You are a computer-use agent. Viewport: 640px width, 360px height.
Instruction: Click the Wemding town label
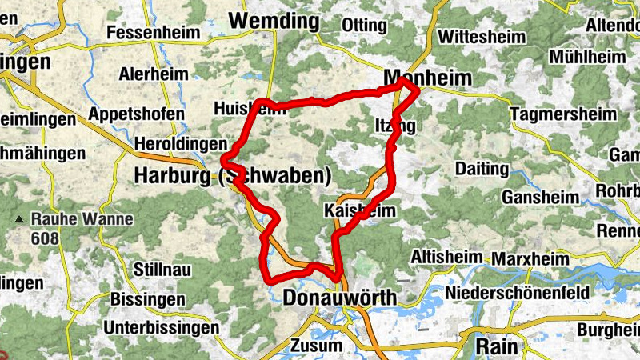click(x=274, y=22)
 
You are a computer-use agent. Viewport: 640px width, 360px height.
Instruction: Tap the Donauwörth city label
click(x=339, y=298)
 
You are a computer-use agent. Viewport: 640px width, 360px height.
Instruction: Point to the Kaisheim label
click(x=360, y=210)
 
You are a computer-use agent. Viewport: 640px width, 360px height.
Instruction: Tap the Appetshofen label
click(x=137, y=114)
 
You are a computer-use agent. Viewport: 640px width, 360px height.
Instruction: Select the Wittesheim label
click(x=482, y=37)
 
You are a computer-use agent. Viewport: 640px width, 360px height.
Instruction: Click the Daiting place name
click(x=481, y=169)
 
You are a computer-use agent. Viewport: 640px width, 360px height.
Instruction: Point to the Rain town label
click(x=497, y=346)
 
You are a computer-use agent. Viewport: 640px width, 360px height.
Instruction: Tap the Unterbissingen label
click(x=161, y=327)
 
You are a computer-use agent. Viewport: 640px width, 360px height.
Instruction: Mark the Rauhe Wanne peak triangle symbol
click(x=19, y=218)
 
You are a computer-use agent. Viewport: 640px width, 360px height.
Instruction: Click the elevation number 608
click(x=46, y=238)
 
